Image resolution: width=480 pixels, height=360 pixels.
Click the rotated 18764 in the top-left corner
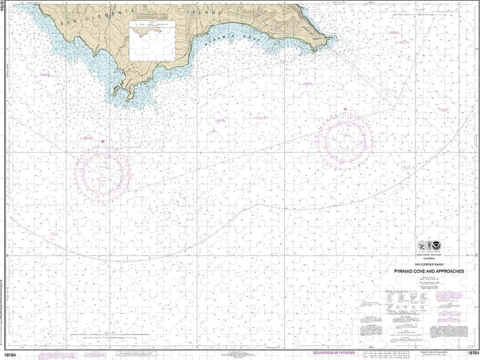click(x=4, y=9)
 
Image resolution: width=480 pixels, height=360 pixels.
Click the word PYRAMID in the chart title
click(x=407, y=271)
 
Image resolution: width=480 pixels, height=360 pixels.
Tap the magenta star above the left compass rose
click(x=103, y=142)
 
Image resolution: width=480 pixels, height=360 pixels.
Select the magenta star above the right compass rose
click(x=345, y=110)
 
